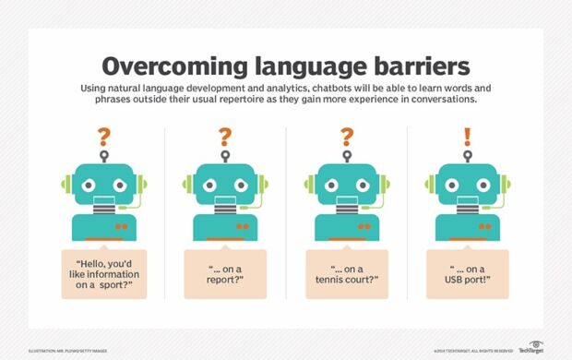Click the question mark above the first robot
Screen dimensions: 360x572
[x=103, y=137]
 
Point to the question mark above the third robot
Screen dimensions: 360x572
[x=347, y=137]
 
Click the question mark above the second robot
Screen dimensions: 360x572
[x=225, y=137]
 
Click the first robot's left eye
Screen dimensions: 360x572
[x=89, y=183]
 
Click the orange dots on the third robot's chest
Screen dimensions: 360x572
[x=363, y=225]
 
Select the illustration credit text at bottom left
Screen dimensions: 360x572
[x=69, y=349]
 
